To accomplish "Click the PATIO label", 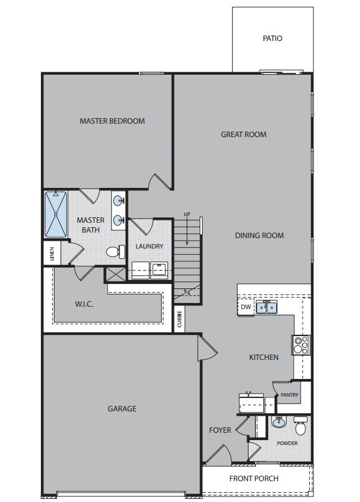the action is (272, 39).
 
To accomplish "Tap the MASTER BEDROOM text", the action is (112, 121).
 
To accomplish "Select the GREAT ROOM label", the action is (244, 135).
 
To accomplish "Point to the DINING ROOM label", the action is (260, 236).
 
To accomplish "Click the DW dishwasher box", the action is (246, 307).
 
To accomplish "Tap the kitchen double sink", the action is (266, 307).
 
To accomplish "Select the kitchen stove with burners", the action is (301, 345).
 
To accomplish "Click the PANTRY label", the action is (289, 395).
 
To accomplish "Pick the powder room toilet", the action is (301, 425).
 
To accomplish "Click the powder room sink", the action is (279, 422).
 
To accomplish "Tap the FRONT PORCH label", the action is (253, 479).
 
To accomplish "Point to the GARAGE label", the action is (122, 409).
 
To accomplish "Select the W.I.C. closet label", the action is (84, 304).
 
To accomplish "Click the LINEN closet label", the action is (52, 253).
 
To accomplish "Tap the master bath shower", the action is (56, 214).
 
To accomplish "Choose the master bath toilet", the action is (116, 252).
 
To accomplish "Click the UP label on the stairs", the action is (187, 214).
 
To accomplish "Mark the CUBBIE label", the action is (179, 319).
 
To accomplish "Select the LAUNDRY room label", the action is (149, 246).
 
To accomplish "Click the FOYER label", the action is (220, 430).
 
